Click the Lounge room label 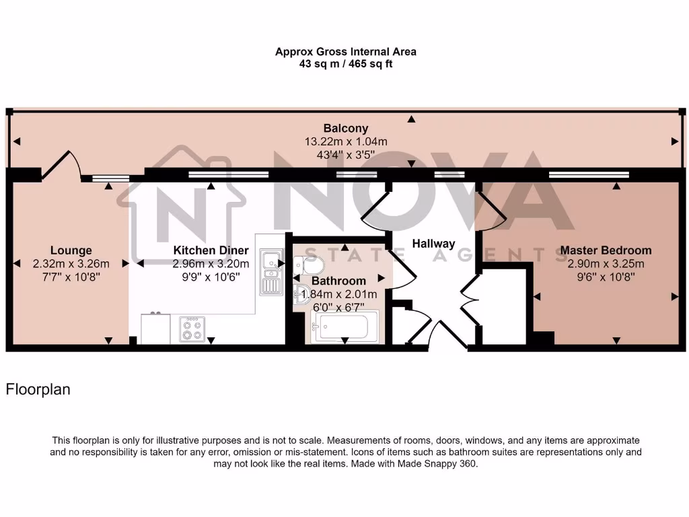tap(71, 250)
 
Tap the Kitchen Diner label tap(211, 250)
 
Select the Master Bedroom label tap(606, 250)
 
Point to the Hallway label tap(433, 244)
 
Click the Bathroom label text tap(338, 281)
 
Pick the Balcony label tap(346, 128)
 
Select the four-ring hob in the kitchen tap(191, 329)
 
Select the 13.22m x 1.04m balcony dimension tap(346, 141)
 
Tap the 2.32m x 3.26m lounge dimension tap(71, 263)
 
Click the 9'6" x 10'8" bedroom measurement tap(606, 276)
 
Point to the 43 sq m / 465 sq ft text tap(346, 65)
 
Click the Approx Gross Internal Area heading tap(346, 52)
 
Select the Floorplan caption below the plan tap(38, 389)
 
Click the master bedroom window tap(589, 174)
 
